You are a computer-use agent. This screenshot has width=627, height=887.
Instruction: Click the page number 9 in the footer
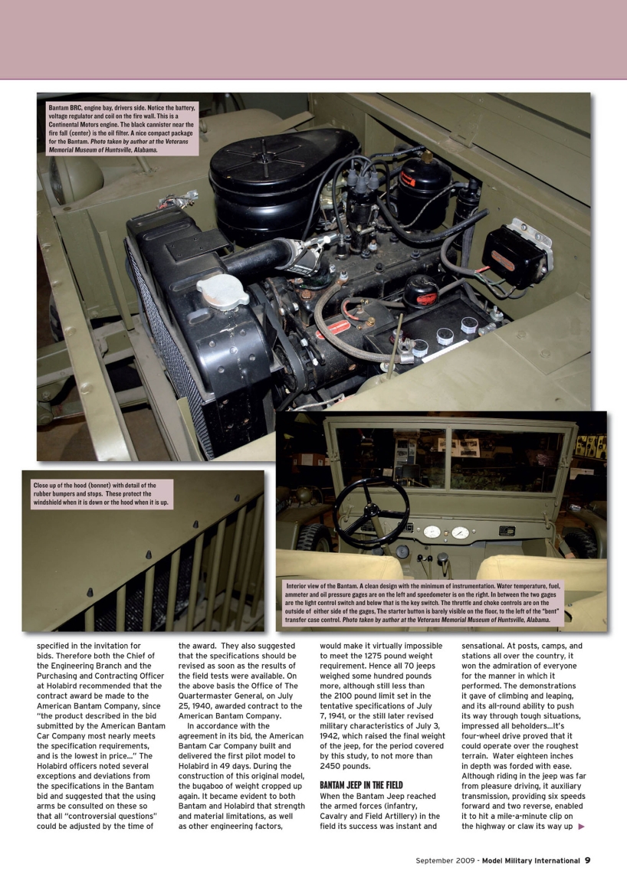587,860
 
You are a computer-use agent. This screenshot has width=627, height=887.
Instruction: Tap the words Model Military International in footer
525,860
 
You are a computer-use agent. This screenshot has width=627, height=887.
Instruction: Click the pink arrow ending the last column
581,825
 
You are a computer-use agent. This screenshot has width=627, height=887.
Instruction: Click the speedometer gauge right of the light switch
460,532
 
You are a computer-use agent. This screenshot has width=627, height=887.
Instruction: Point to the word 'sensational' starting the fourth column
490,646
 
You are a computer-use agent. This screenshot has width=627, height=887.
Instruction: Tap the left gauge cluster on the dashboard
432,531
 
